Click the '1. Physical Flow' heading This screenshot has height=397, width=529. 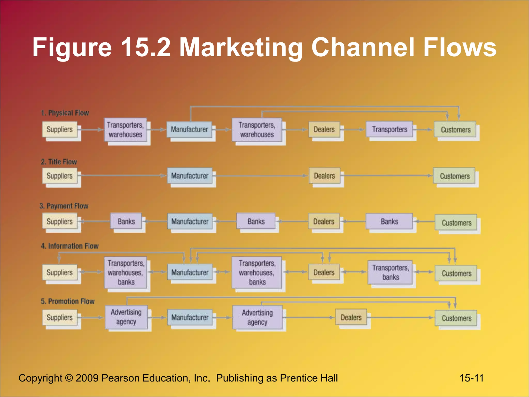[x=65, y=113]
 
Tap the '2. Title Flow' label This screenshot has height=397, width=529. [x=59, y=162]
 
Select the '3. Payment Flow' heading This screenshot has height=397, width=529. [x=64, y=206]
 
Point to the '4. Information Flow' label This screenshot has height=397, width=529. [x=70, y=246]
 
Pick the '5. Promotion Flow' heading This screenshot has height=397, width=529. [x=68, y=301]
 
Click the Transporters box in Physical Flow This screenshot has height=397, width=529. [x=389, y=129]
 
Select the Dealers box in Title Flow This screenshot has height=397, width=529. [x=324, y=176]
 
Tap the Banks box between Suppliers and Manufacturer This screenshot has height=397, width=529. [x=126, y=221]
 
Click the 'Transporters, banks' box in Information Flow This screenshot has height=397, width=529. [x=390, y=272]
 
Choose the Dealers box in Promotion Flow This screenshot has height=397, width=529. [x=351, y=317]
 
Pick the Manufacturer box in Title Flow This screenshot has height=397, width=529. [x=190, y=176]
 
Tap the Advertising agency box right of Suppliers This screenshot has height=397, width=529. [x=126, y=317]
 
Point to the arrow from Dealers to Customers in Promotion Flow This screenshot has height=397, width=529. [x=400, y=317]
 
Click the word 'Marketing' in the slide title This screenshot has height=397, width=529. [x=240, y=47]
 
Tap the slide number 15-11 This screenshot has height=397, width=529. [x=471, y=378]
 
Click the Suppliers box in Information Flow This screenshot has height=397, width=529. [x=60, y=272]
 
